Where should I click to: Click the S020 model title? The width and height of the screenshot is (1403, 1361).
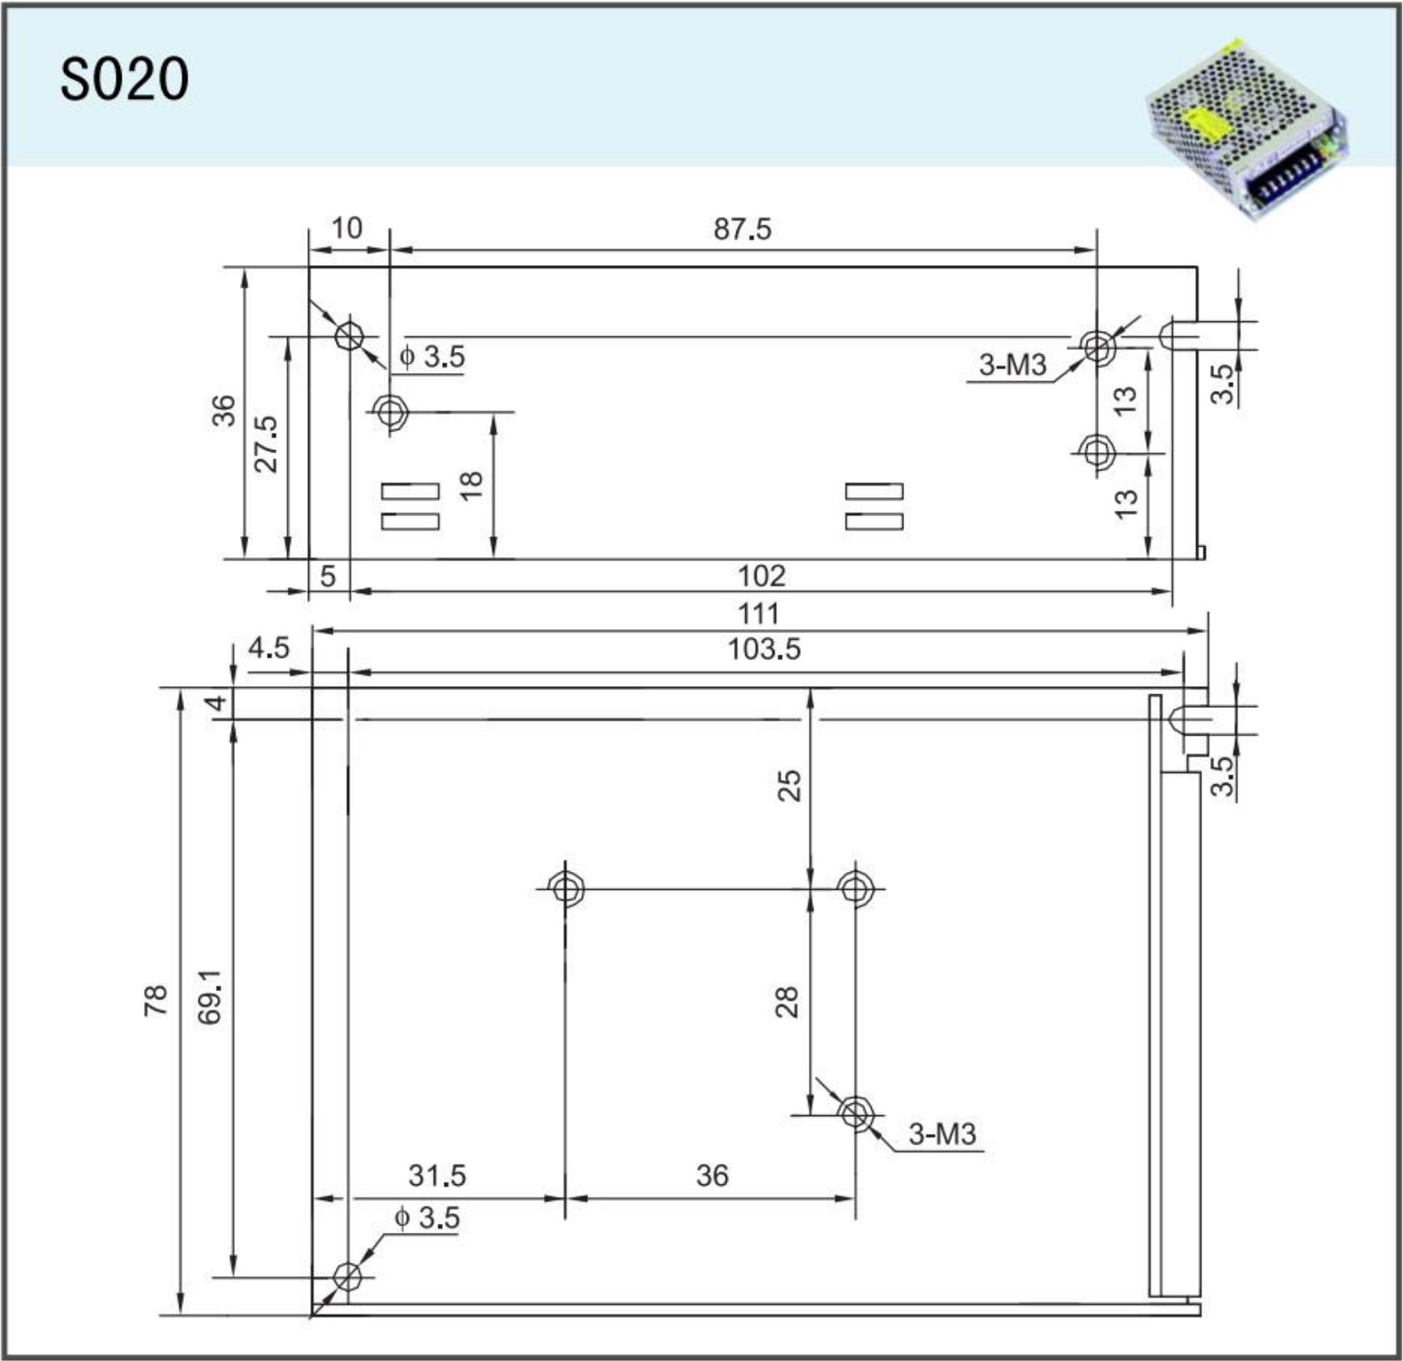pos(124,79)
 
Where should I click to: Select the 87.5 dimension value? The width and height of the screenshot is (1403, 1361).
pos(742,230)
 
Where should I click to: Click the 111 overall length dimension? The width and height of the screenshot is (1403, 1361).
pos(758,613)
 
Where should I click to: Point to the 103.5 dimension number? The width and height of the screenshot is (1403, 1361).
pos(764,649)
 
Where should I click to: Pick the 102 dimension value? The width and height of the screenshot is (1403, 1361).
pos(762,576)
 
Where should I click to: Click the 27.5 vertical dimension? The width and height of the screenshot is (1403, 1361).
pos(266,444)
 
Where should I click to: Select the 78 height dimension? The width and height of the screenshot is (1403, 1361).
pos(156,999)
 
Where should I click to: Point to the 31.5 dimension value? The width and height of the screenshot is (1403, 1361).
pos(437,1175)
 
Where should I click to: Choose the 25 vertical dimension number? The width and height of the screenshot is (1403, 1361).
pos(789,785)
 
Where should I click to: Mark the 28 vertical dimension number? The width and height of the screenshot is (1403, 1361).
pos(787,1002)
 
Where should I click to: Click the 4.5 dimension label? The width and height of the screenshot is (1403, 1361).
pos(268,648)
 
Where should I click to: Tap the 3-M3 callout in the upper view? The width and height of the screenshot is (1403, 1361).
pos(1012,365)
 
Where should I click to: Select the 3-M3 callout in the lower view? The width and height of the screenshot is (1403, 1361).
pos(942,1134)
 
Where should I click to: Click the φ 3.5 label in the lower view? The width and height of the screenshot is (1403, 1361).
pos(427,1217)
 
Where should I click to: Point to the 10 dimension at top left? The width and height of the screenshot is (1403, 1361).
pos(347,229)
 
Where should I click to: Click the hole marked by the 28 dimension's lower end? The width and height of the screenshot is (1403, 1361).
pos(855,1112)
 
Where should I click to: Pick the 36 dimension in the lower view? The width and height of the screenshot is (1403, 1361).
pos(712,1175)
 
